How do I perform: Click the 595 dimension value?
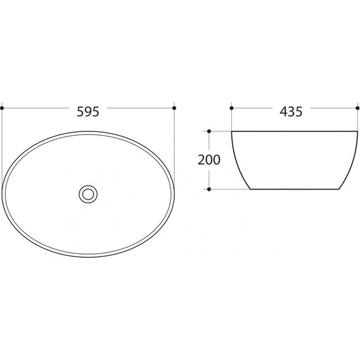88,112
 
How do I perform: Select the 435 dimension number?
291,112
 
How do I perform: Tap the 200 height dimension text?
208,160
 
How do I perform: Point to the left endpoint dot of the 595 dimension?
2,108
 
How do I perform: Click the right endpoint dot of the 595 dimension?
174,108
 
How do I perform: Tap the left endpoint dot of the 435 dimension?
232,108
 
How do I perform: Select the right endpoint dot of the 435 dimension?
357,108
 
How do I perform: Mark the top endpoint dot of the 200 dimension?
209,131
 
